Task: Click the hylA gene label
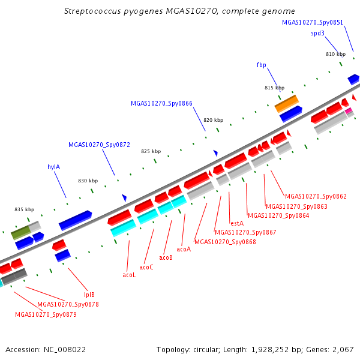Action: tap(54, 167)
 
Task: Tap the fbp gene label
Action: tap(261, 65)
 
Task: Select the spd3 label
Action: tap(318, 34)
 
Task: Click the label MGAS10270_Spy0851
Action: tap(313, 23)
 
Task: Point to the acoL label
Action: tap(129, 275)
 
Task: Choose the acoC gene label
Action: tap(146, 267)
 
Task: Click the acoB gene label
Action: tap(166, 257)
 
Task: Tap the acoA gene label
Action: tap(184, 250)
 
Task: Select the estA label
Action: tap(237, 223)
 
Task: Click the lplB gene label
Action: tap(89, 295)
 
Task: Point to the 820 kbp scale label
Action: tap(213, 120)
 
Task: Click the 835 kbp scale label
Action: tap(25, 209)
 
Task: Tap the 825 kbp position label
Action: tap(151, 151)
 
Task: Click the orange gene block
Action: tap(287, 104)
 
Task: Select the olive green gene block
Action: tap(20, 233)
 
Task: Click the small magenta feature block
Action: tap(349, 110)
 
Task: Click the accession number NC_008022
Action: tap(65, 350)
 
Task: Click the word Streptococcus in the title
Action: tap(92, 11)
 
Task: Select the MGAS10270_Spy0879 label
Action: tap(46, 314)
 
